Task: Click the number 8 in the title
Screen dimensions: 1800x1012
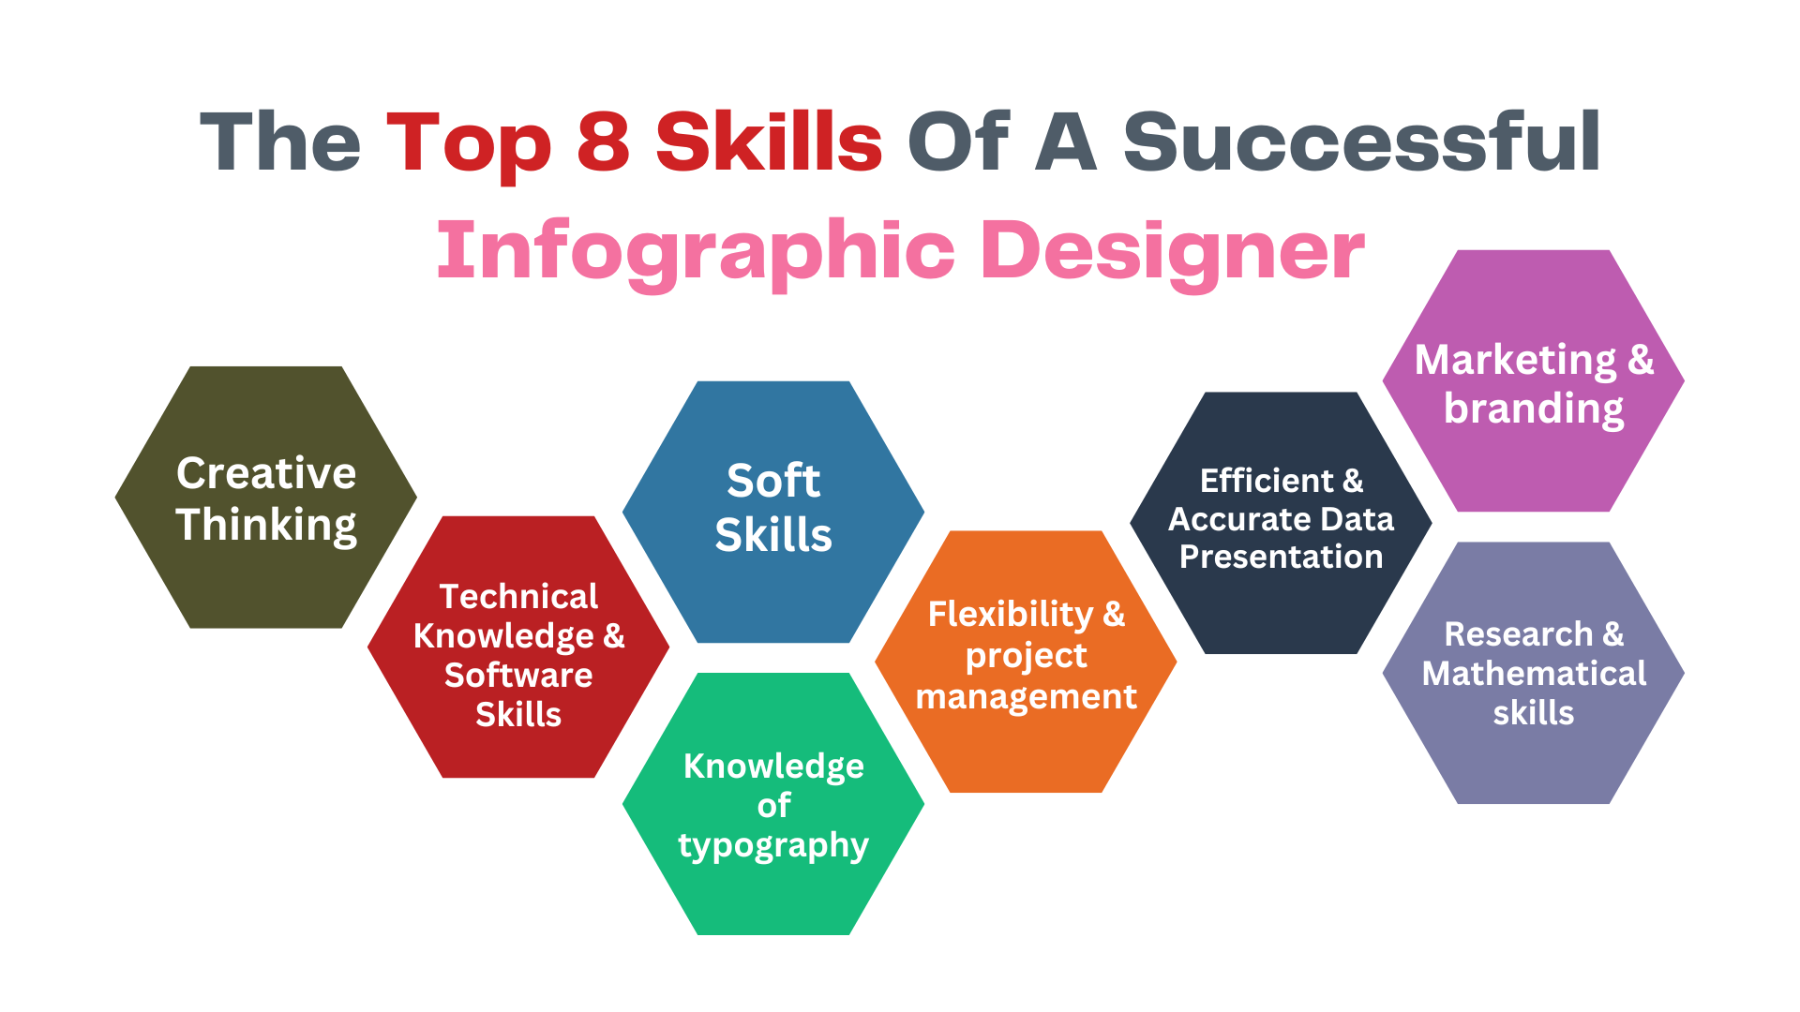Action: click(x=603, y=141)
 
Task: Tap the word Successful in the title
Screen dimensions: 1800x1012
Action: click(x=1362, y=141)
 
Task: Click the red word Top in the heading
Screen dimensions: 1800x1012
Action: click(x=469, y=145)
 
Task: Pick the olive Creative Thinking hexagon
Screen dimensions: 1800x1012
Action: click(x=266, y=497)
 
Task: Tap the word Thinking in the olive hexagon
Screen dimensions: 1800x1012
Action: click(x=266, y=525)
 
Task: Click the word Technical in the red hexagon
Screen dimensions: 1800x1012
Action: click(x=518, y=596)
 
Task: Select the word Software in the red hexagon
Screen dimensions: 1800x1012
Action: click(x=518, y=675)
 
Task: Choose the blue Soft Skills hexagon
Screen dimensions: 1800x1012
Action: click(x=773, y=512)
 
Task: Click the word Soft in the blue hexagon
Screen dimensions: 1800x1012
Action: click(x=773, y=481)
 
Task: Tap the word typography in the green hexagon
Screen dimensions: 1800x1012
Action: click(x=773, y=846)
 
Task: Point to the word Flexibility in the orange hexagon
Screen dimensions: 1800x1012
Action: click(x=1011, y=616)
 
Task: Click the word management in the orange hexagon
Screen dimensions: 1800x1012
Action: click(x=1027, y=697)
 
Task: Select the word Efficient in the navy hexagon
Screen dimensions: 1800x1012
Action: click(x=1267, y=481)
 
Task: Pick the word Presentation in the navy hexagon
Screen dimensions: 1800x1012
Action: click(x=1281, y=557)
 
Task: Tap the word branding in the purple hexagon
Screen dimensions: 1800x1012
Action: click(x=1534, y=409)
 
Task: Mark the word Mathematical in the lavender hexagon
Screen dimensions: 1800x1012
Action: click(x=1534, y=674)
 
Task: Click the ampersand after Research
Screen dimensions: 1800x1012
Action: click(x=1613, y=634)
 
